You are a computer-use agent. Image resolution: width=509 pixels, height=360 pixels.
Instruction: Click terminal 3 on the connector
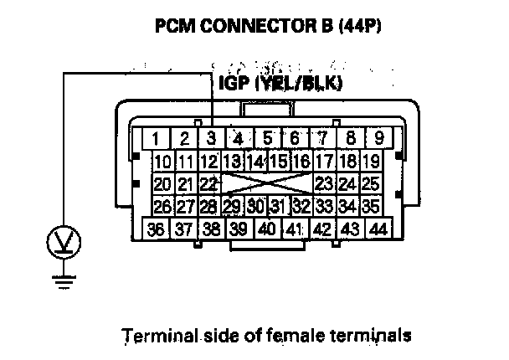click(211, 139)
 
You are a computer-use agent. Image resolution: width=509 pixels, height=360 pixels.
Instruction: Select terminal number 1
click(156, 139)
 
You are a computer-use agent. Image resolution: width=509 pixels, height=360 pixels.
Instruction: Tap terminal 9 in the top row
click(379, 139)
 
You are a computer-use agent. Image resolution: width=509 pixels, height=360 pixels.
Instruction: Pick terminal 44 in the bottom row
click(379, 229)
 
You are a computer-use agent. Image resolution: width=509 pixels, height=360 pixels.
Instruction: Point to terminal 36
click(156, 229)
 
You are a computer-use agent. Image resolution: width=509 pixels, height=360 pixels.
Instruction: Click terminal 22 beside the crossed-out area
click(209, 184)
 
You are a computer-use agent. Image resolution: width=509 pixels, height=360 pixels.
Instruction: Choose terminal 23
click(325, 184)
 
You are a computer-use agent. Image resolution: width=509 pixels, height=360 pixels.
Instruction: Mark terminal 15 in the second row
click(279, 161)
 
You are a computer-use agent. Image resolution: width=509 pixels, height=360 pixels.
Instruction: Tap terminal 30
click(256, 206)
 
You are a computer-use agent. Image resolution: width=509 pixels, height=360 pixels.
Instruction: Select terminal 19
click(371, 161)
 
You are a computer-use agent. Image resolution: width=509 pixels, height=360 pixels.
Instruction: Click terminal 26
click(163, 206)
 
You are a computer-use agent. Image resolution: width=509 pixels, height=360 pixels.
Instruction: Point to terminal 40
click(267, 229)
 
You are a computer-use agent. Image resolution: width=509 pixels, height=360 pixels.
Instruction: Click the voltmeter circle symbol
click(64, 242)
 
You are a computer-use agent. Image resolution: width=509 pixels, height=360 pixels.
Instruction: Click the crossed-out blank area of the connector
click(268, 184)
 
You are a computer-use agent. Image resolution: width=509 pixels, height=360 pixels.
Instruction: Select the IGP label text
click(234, 83)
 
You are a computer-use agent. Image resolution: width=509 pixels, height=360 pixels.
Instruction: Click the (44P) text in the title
click(360, 26)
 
